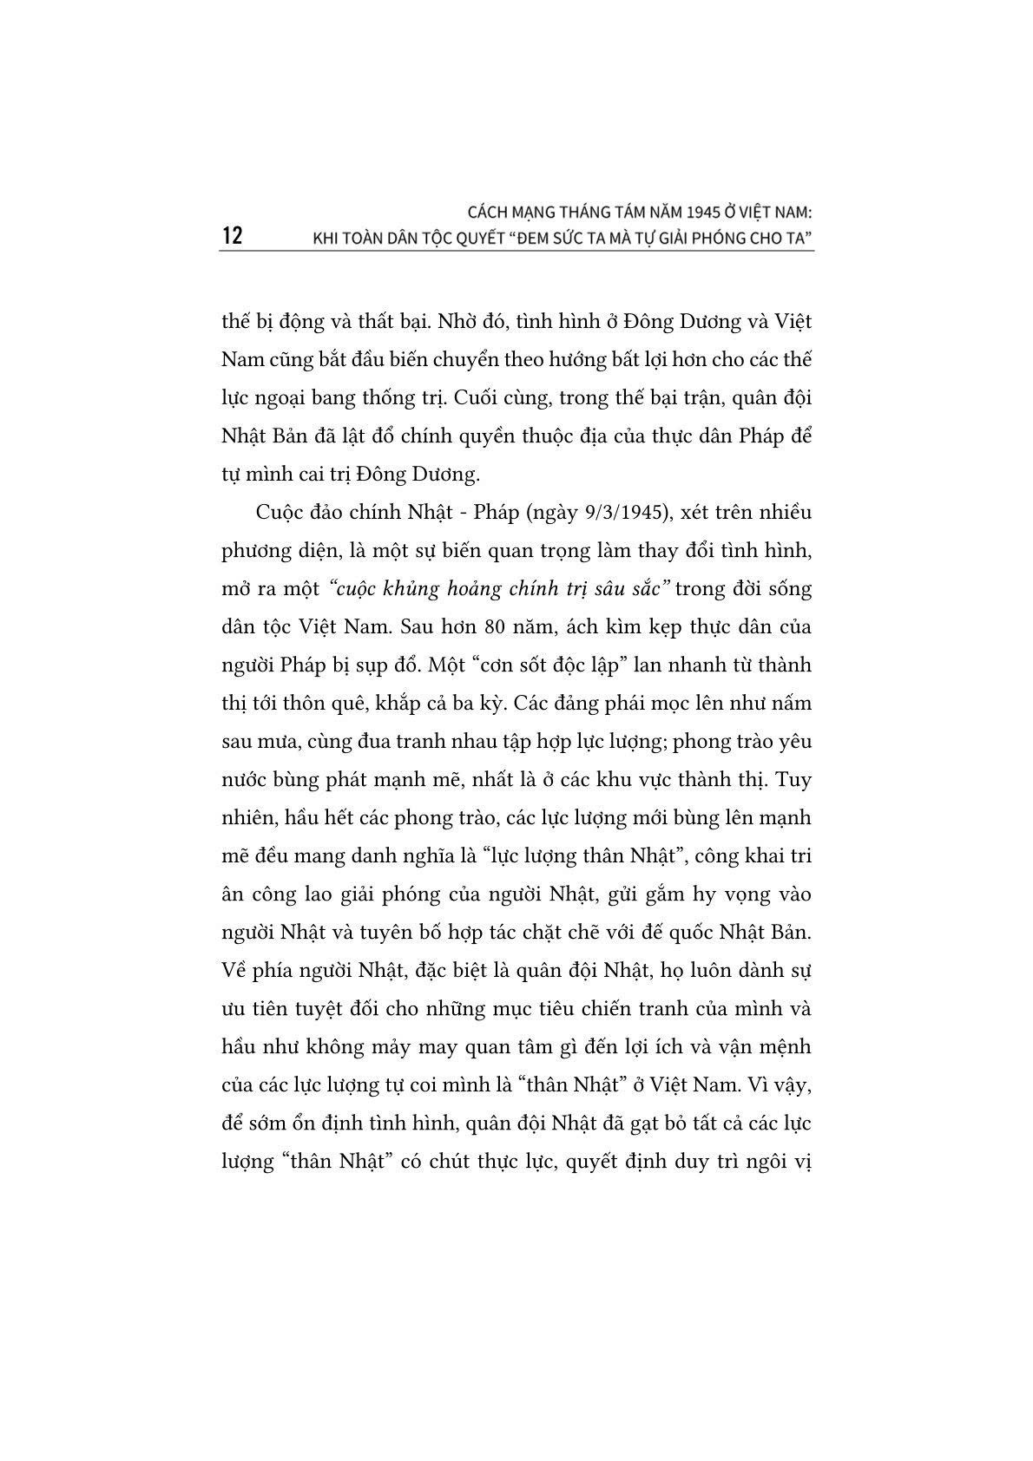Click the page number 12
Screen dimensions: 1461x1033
tap(232, 236)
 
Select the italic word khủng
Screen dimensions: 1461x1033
tap(411, 589)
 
